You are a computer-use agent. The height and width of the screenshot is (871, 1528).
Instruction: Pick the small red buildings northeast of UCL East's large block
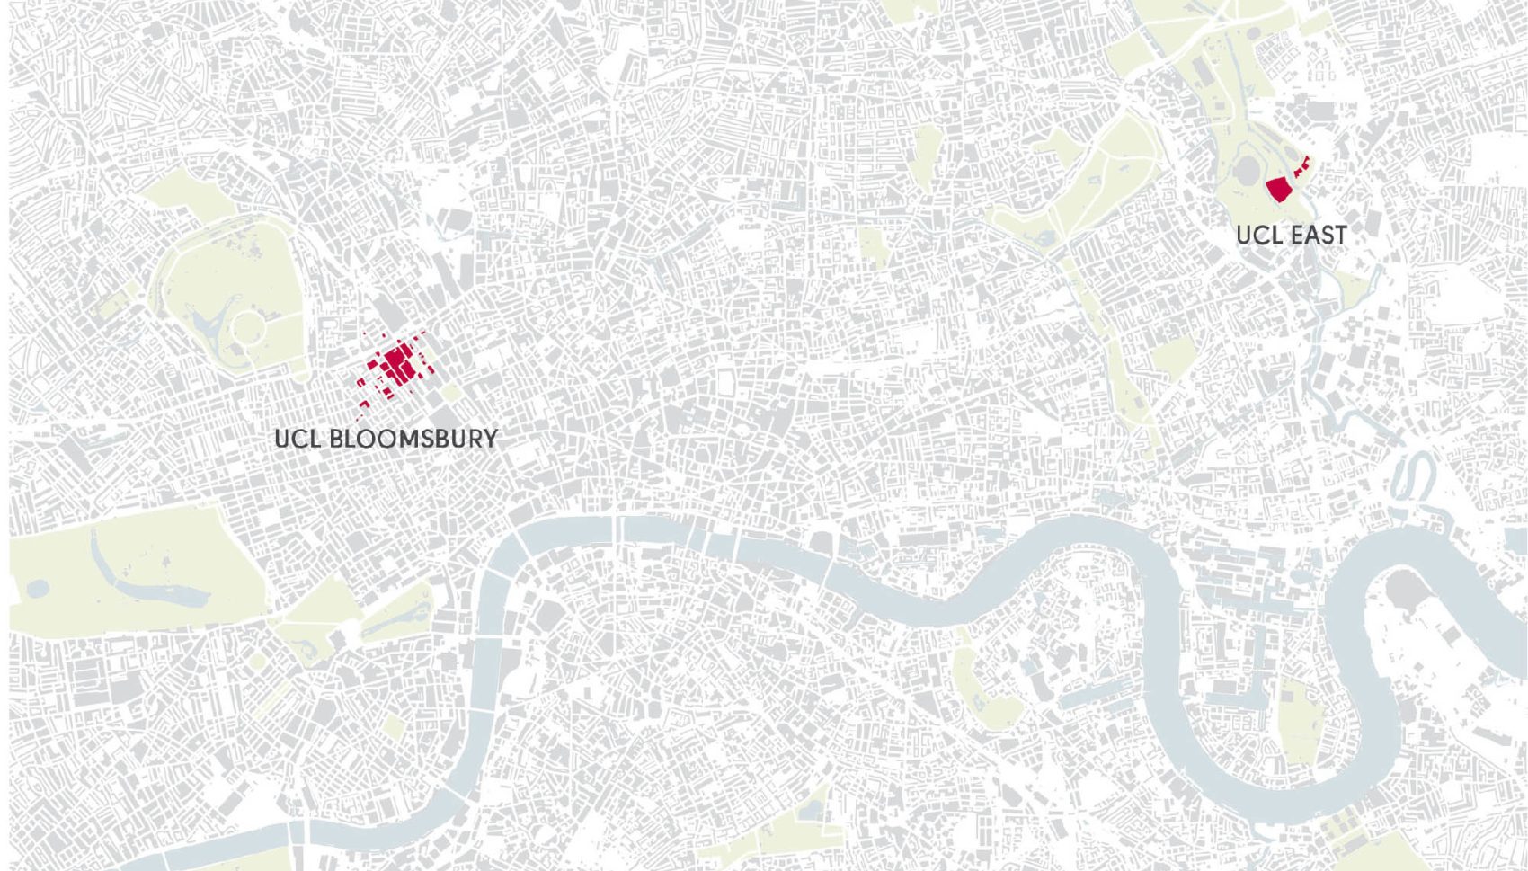[1302, 165]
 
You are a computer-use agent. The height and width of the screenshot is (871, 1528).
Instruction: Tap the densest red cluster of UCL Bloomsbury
[396, 364]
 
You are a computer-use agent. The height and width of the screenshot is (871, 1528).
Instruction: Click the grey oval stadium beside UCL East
[1247, 171]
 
